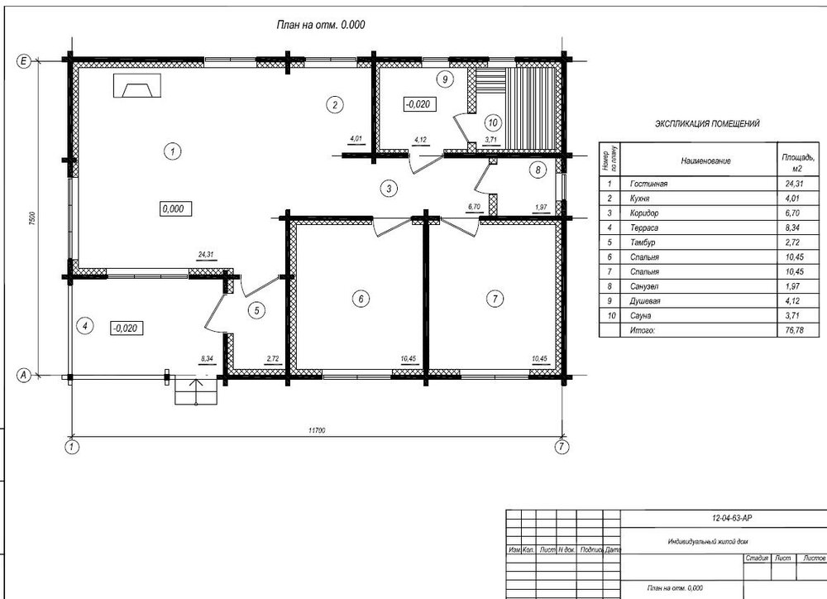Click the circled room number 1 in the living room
click(171, 151)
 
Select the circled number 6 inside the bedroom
click(361, 299)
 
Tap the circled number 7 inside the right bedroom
click(495, 299)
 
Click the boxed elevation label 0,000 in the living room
click(174, 208)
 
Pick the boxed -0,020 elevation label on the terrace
click(127, 328)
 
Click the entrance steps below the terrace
click(195, 390)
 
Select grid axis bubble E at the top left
click(25, 60)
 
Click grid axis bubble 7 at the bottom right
click(562, 447)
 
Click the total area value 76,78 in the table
click(795, 329)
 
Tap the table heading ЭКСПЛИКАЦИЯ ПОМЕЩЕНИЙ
click(707, 123)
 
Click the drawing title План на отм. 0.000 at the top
click(321, 25)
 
